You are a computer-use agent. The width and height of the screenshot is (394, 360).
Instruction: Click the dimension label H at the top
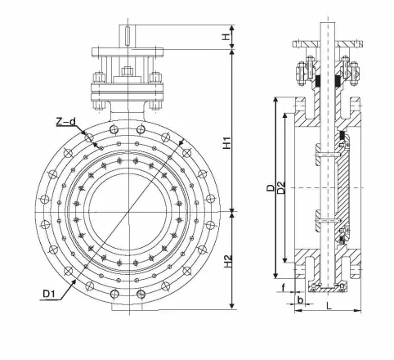tap(226, 36)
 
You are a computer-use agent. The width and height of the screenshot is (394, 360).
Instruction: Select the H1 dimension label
tap(226, 142)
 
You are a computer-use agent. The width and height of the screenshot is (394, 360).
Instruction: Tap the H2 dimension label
tap(227, 261)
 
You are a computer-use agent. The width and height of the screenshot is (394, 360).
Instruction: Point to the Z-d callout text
tap(65, 122)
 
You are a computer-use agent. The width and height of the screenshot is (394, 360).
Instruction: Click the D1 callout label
tap(49, 294)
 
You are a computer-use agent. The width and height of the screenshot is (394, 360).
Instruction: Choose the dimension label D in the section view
tap(271, 187)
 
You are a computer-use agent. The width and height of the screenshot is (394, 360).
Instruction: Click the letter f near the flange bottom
tap(284, 287)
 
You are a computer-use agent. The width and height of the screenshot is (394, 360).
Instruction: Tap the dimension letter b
tap(300, 300)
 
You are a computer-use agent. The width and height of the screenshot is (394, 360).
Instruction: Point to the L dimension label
tap(329, 306)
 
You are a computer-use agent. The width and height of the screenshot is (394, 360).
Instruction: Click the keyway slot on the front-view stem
tap(128, 35)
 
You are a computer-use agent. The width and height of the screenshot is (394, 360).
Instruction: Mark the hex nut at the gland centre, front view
tap(128, 71)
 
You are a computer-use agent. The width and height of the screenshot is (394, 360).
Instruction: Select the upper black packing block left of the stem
tap(317, 81)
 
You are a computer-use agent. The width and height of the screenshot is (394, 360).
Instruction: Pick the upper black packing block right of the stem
tap(338, 81)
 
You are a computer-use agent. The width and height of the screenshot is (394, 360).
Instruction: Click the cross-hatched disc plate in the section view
tap(343, 187)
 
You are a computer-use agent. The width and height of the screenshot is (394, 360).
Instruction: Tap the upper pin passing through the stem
tap(328, 155)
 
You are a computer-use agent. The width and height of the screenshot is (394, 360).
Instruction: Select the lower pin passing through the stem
tap(328, 219)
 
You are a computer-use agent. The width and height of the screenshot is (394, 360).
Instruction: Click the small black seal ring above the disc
tap(343, 136)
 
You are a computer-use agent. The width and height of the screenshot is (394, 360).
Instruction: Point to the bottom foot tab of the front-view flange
tap(127, 308)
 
